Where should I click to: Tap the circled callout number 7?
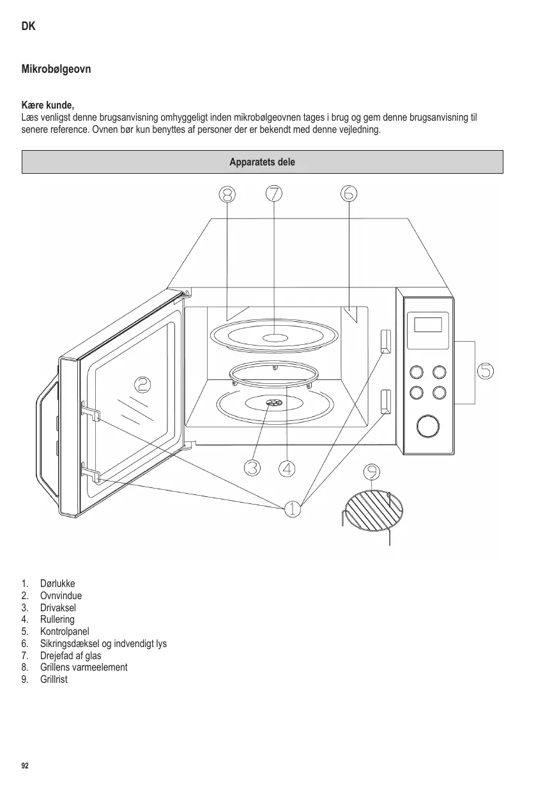point(274,193)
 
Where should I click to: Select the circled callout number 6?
point(349,193)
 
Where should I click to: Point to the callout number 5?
point(486,370)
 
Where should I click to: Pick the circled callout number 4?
point(287,468)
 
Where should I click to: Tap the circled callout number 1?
point(291,509)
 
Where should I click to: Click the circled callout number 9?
point(372,471)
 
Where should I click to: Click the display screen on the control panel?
point(428,324)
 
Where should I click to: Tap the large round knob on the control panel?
point(428,426)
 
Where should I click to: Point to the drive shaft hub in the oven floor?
point(273,402)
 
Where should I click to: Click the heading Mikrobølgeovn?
point(56,68)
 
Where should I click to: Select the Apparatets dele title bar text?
point(263,162)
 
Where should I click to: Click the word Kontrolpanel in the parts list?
point(65,631)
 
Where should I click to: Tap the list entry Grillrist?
point(54,679)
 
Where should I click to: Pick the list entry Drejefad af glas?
point(70,655)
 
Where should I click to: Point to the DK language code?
point(29,26)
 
